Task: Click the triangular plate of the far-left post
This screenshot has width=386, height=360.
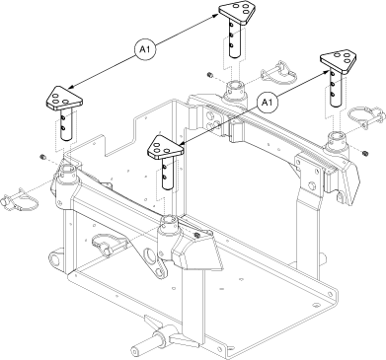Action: [x=60, y=101]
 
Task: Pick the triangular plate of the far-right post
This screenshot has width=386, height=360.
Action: [x=343, y=61]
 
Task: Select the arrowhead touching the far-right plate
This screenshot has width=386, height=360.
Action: [x=325, y=68]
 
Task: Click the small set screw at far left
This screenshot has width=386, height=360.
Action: [x=42, y=158]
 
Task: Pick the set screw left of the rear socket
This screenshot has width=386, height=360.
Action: [x=209, y=76]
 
